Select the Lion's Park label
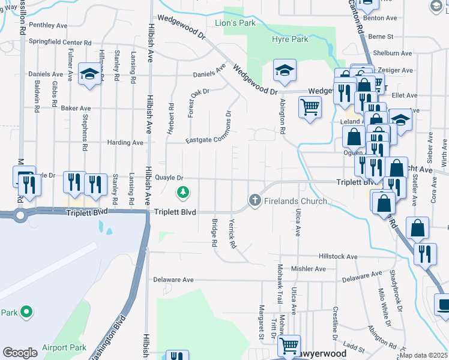pyautogui.click(x=235, y=23)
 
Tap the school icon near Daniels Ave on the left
pyautogui.click(x=89, y=74)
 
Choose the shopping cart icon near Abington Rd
pyautogui.click(x=310, y=107)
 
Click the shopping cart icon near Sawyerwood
pyautogui.click(x=289, y=345)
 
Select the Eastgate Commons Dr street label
pyautogui.click(x=208, y=140)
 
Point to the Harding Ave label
pyautogui.click(x=125, y=143)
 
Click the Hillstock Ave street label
pyautogui.click(x=338, y=256)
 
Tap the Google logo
pyautogui.click(x=20, y=353)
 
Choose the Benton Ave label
pyautogui.click(x=384, y=18)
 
